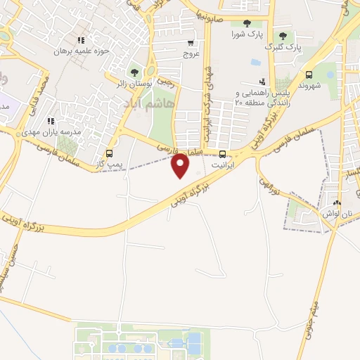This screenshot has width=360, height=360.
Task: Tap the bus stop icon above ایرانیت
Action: coord(223,155)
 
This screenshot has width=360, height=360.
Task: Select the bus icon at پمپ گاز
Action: coord(109,153)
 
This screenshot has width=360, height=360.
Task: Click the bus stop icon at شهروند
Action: coord(309,75)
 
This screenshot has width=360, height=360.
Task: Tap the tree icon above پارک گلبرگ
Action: coord(283,35)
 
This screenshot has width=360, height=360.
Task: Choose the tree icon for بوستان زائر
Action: coord(134,71)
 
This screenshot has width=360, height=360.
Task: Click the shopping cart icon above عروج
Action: coord(192,41)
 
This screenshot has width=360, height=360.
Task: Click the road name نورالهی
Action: coord(269,186)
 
